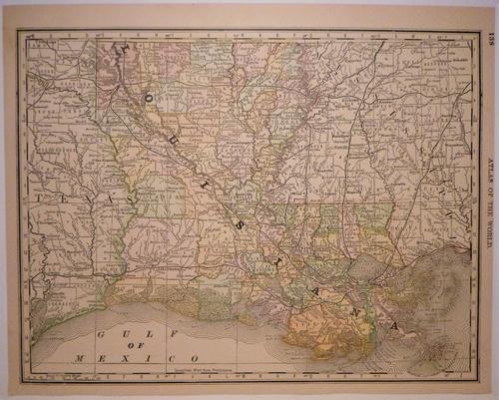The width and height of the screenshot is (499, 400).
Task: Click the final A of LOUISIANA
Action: tap(397, 325)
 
